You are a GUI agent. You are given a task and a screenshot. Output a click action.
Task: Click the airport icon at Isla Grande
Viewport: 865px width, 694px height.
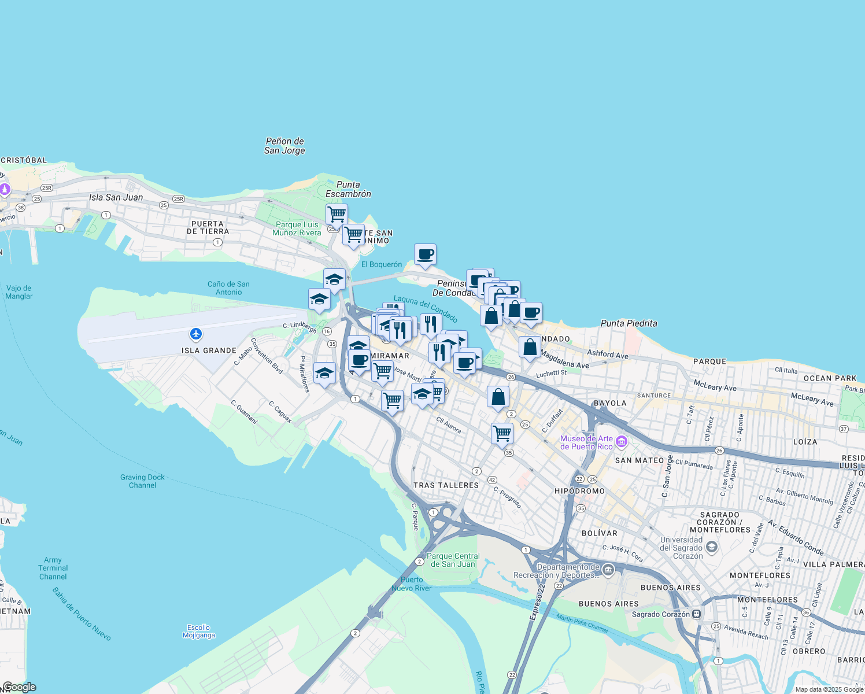click(x=196, y=334)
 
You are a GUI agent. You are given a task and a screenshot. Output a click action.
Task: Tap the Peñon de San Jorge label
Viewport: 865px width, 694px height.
click(x=284, y=146)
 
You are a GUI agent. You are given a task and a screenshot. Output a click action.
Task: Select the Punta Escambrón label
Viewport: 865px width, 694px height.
click(x=348, y=189)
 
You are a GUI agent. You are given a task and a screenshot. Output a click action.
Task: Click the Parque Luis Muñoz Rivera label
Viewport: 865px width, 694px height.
click(x=297, y=228)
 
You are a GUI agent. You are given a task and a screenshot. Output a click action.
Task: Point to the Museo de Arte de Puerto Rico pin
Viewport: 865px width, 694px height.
click(x=622, y=442)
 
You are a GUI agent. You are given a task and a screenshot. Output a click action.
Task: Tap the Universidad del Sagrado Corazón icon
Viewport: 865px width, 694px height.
click(x=712, y=547)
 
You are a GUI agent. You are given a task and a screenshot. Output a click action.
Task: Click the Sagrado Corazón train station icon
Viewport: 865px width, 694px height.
click(x=697, y=614)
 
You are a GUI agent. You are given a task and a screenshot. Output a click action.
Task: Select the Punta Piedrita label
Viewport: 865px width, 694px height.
click(x=629, y=323)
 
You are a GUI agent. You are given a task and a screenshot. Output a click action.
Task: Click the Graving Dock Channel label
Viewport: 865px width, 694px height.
click(x=142, y=481)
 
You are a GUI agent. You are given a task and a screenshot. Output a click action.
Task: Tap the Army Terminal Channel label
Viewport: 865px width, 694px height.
click(x=53, y=568)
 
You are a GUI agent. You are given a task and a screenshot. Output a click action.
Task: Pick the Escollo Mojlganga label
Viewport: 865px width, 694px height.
click(x=199, y=631)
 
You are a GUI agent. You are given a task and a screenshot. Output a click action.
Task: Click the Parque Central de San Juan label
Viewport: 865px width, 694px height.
click(x=453, y=560)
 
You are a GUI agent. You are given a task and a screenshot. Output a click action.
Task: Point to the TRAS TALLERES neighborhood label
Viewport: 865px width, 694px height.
click(x=446, y=485)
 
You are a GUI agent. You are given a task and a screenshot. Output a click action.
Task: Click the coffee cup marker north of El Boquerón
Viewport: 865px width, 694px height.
click(x=425, y=254)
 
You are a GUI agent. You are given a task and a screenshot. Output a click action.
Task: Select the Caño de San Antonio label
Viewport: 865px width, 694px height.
click(x=228, y=288)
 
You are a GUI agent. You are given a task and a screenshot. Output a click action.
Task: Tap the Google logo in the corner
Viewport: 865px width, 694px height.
click(x=19, y=687)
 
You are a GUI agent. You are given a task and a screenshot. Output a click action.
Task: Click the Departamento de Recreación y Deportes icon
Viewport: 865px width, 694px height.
click(x=608, y=571)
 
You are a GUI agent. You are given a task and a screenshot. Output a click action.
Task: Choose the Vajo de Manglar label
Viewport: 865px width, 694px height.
click(x=19, y=292)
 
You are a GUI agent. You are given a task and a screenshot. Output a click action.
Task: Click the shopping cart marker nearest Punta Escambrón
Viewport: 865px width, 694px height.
click(x=337, y=215)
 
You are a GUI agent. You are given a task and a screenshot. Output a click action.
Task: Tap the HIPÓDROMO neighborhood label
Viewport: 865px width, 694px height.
click(x=579, y=491)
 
